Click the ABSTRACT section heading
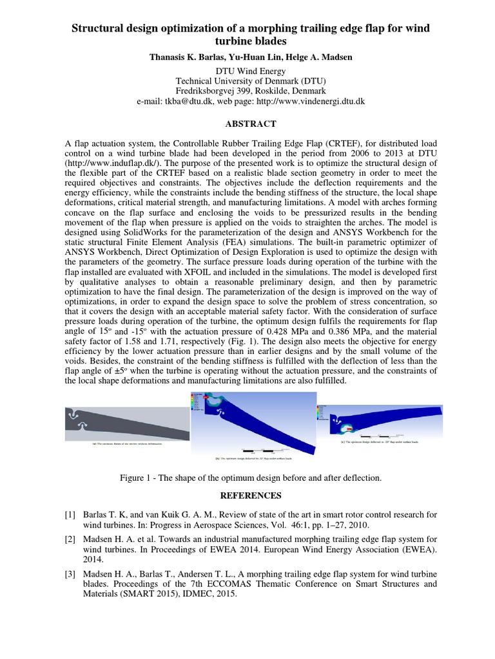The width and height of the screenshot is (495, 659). [x=247, y=124]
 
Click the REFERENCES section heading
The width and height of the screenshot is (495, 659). [x=247, y=496]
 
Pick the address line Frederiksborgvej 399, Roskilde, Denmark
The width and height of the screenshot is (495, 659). [x=247, y=91]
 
